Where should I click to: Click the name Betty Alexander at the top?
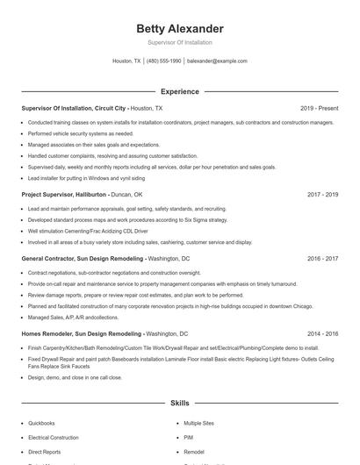179,29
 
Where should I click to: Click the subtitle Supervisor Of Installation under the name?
179,42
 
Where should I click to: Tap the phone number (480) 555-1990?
163,61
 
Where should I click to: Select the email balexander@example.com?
217,61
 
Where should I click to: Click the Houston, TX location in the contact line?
126,61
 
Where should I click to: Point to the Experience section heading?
179,91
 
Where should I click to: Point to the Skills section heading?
179,404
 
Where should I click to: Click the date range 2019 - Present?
319,108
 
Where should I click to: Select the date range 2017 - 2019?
322,194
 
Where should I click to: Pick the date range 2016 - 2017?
322,260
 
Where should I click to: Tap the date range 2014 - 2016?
322,334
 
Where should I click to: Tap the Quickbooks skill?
41,423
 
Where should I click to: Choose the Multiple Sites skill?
198,423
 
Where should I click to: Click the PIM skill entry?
188,436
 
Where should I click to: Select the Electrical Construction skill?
53,436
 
